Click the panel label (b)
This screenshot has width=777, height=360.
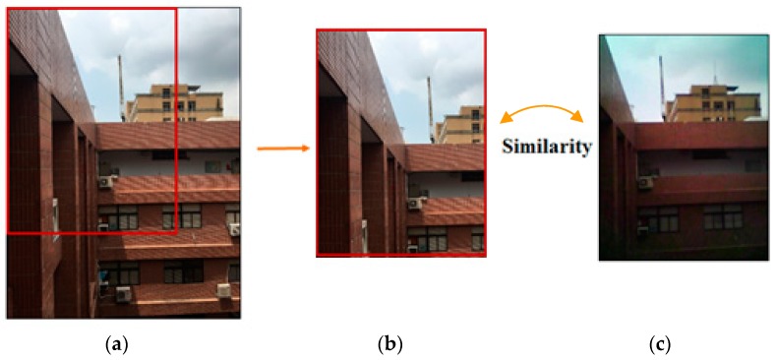point(391,344)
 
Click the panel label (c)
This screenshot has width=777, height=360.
point(659,344)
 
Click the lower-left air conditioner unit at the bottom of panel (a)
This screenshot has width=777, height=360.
point(124,293)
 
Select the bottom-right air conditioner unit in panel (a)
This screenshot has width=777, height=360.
point(224,290)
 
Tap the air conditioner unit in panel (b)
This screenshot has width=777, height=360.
point(415,204)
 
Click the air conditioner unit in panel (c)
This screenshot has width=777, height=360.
point(645,182)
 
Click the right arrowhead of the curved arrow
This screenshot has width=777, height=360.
point(579,118)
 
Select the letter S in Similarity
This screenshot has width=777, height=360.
point(508,148)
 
